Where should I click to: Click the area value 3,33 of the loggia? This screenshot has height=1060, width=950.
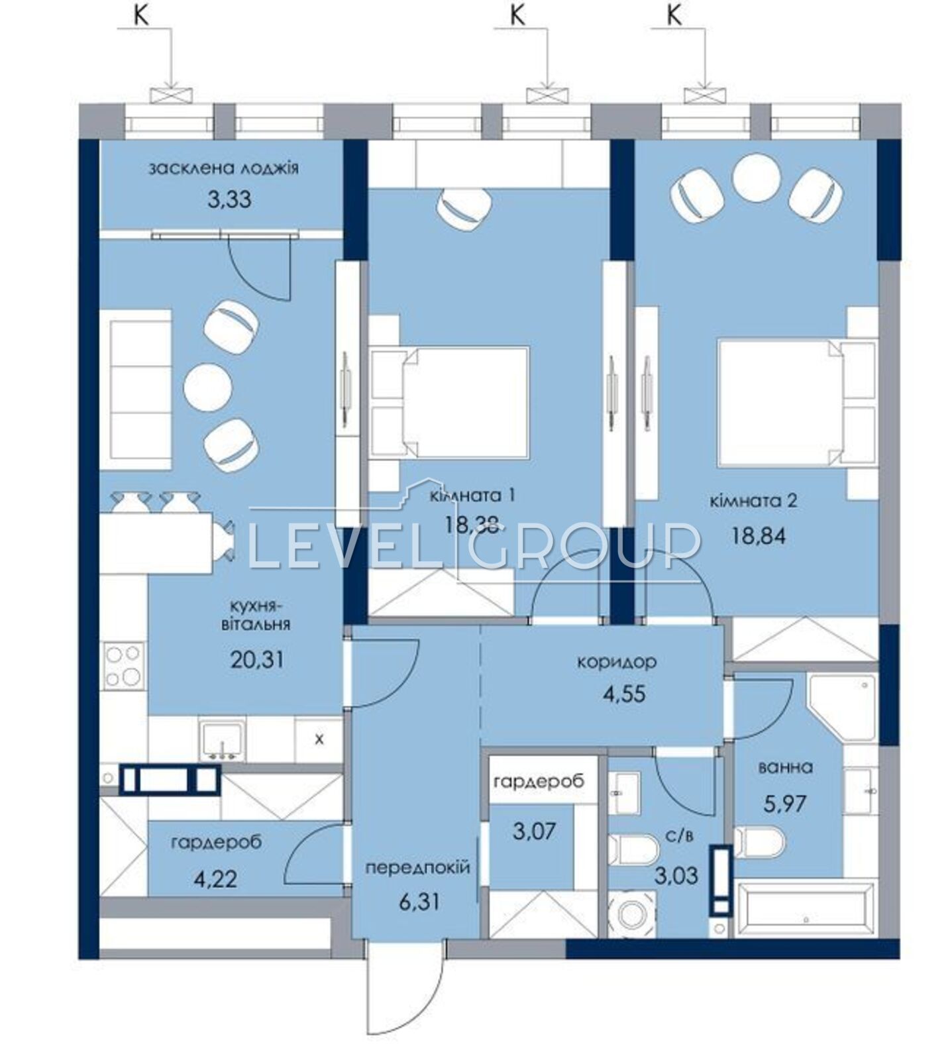(x=229, y=199)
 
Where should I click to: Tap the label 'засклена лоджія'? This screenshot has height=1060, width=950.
(x=224, y=168)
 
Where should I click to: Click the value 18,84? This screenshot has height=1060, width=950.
(x=759, y=535)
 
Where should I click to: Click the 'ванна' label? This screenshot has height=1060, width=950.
(x=785, y=767)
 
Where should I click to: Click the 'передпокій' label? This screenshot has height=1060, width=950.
(x=418, y=867)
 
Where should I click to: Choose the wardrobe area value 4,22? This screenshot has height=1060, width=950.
(x=215, y=879)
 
